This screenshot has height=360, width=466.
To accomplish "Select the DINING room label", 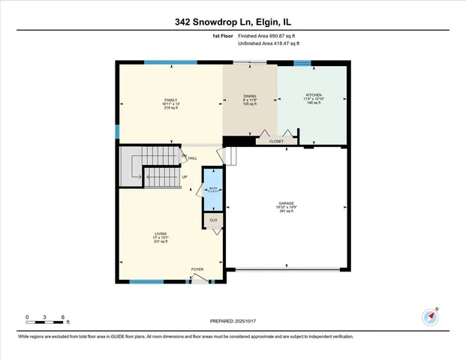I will (x=250, y=96).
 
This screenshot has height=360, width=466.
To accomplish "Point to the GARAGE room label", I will (x=287, y=202).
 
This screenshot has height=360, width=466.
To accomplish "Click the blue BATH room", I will (x=213, y=190).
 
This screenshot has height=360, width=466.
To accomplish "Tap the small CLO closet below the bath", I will (x=213, y=220).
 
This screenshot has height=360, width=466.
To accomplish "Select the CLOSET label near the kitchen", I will (x=275, y=139).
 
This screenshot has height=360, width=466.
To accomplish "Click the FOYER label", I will (x=197, y=268).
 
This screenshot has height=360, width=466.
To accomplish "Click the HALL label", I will (x=193, y=158).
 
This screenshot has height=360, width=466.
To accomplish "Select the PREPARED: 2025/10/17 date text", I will (x=233, y=321).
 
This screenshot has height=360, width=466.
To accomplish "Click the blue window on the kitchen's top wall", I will (x=302, y=64).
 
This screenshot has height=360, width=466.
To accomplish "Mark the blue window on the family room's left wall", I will (x=117, y=131).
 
